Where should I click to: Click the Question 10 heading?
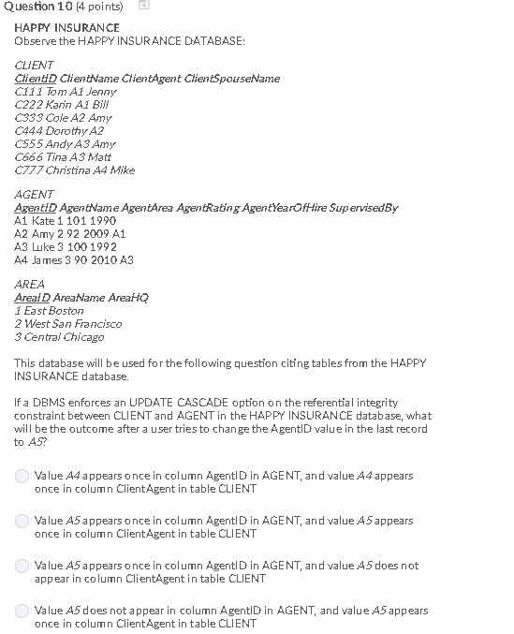coord(37,7)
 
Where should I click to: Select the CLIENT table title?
coord(35,65)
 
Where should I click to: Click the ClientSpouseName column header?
coord(232,78)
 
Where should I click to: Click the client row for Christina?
coord(75,170)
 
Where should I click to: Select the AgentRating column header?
coord(211,207)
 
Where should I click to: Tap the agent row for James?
coord(74,259)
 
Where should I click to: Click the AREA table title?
coord(30,284)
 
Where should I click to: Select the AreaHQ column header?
coord(128,297)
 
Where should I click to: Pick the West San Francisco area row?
coord(68,323)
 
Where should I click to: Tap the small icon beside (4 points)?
coord(144,7)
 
